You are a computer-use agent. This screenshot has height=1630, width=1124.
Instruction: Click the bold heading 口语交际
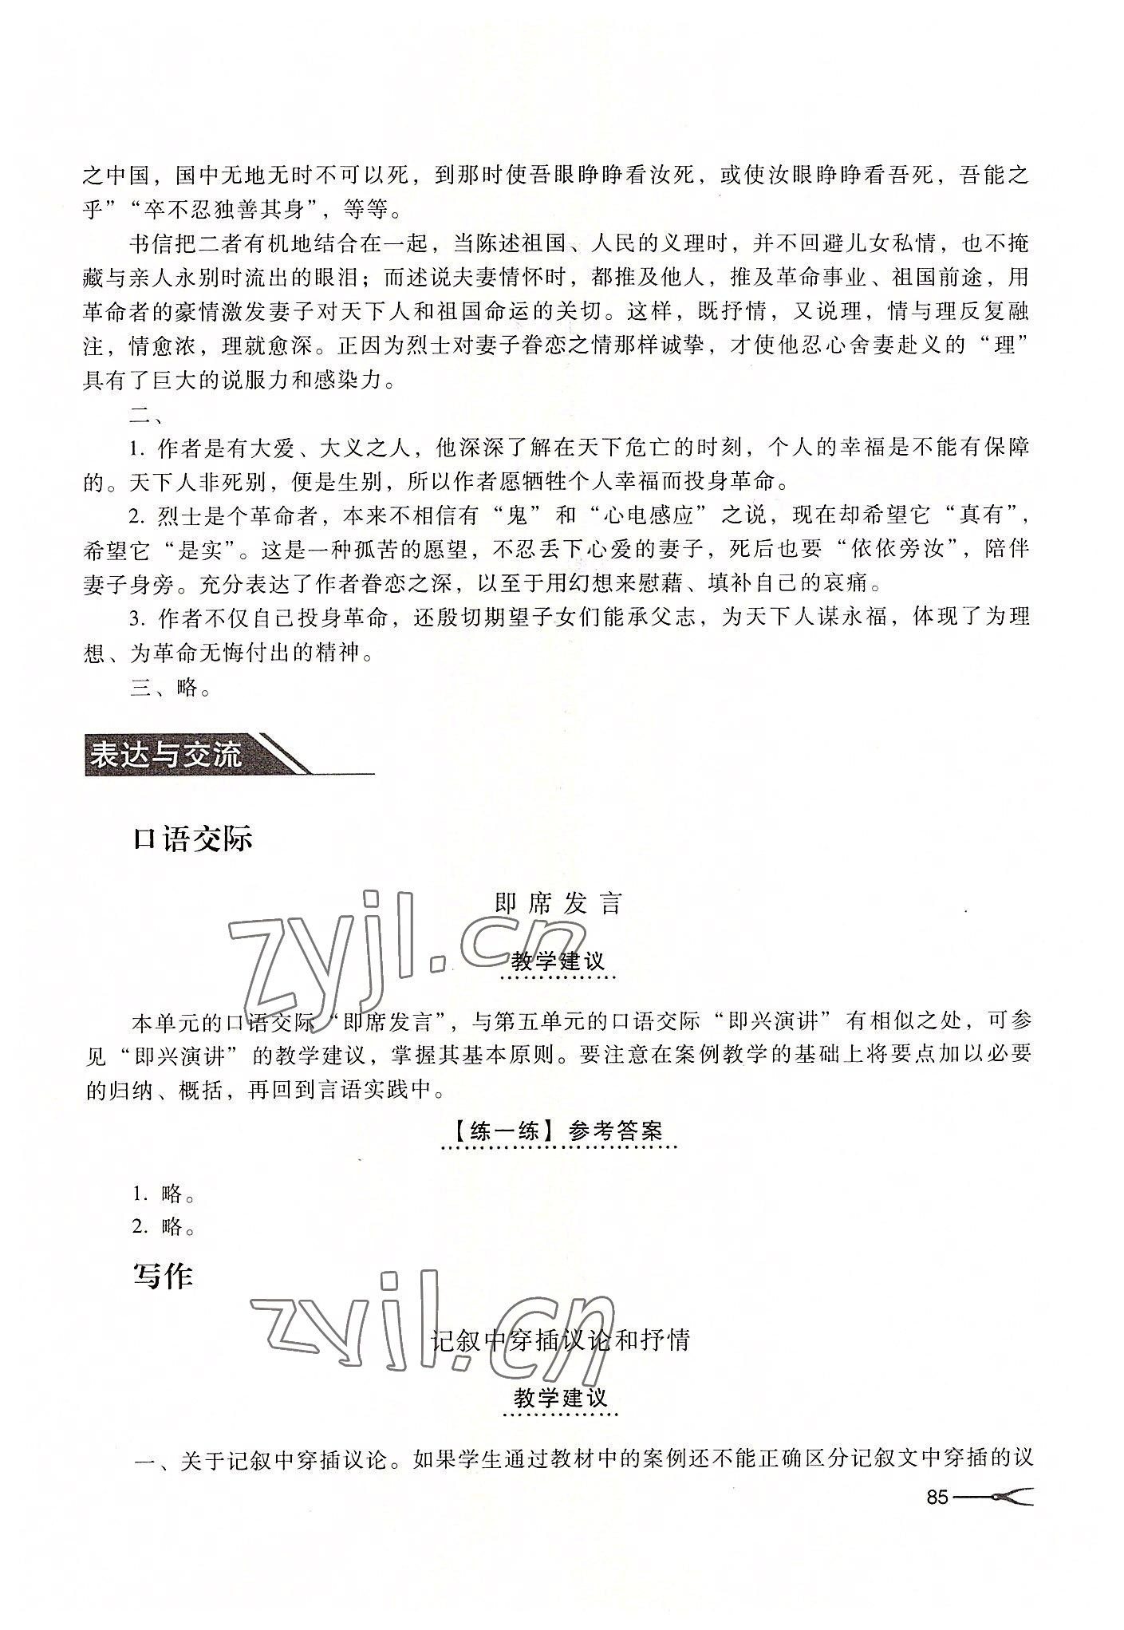tap(193, 840)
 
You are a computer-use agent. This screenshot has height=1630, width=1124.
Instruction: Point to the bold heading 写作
tap(163, 1277)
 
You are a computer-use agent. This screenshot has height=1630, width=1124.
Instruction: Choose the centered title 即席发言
tap(558, 904)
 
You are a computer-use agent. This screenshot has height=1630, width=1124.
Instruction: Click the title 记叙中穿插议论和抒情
tap(560, 1340)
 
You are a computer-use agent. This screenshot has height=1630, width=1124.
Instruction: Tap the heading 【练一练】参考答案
tap(558, 1131)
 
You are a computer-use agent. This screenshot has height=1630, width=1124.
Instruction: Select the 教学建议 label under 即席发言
tap(558, 961)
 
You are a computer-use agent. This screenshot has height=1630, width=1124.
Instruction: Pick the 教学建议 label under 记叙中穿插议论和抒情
tap(560, 1398)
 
